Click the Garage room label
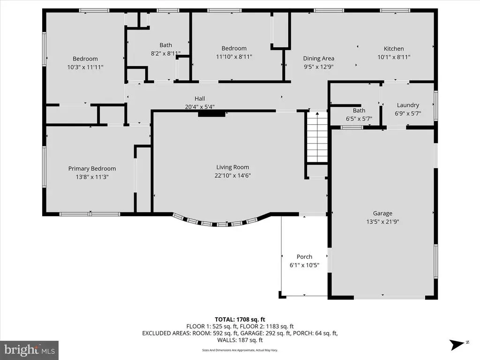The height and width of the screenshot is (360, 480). pos(382,213)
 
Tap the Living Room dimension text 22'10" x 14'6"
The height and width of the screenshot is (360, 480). pos(232,175)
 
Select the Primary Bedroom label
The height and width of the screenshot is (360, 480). pos(92,168)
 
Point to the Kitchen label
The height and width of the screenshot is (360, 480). pos(394,48)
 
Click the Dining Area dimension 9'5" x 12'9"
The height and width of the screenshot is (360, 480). pos(318,67)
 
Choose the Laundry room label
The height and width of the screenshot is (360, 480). pos(408,105)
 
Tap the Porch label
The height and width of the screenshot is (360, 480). pos(304,256)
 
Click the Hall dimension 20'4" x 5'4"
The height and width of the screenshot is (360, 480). pos(200,106)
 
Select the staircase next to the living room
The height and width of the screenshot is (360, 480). pos(317,137)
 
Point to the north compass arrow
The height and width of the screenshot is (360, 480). pos(457,345)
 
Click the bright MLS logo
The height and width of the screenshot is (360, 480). pos(30,350)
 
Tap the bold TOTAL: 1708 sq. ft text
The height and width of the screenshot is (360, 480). pos(240,320)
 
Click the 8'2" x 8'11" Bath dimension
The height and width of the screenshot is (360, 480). pos(165,53)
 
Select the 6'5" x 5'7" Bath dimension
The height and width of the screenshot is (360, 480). pos(359,119)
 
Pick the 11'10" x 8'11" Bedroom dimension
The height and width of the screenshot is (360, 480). pos(234,56)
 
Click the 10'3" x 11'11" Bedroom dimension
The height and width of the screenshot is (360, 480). pos(85,67)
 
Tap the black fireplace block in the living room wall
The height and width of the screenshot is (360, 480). pos(211,114)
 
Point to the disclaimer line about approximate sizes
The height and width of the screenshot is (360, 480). pos(240,350)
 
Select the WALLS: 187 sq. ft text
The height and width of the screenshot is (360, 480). pos(240,340)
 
